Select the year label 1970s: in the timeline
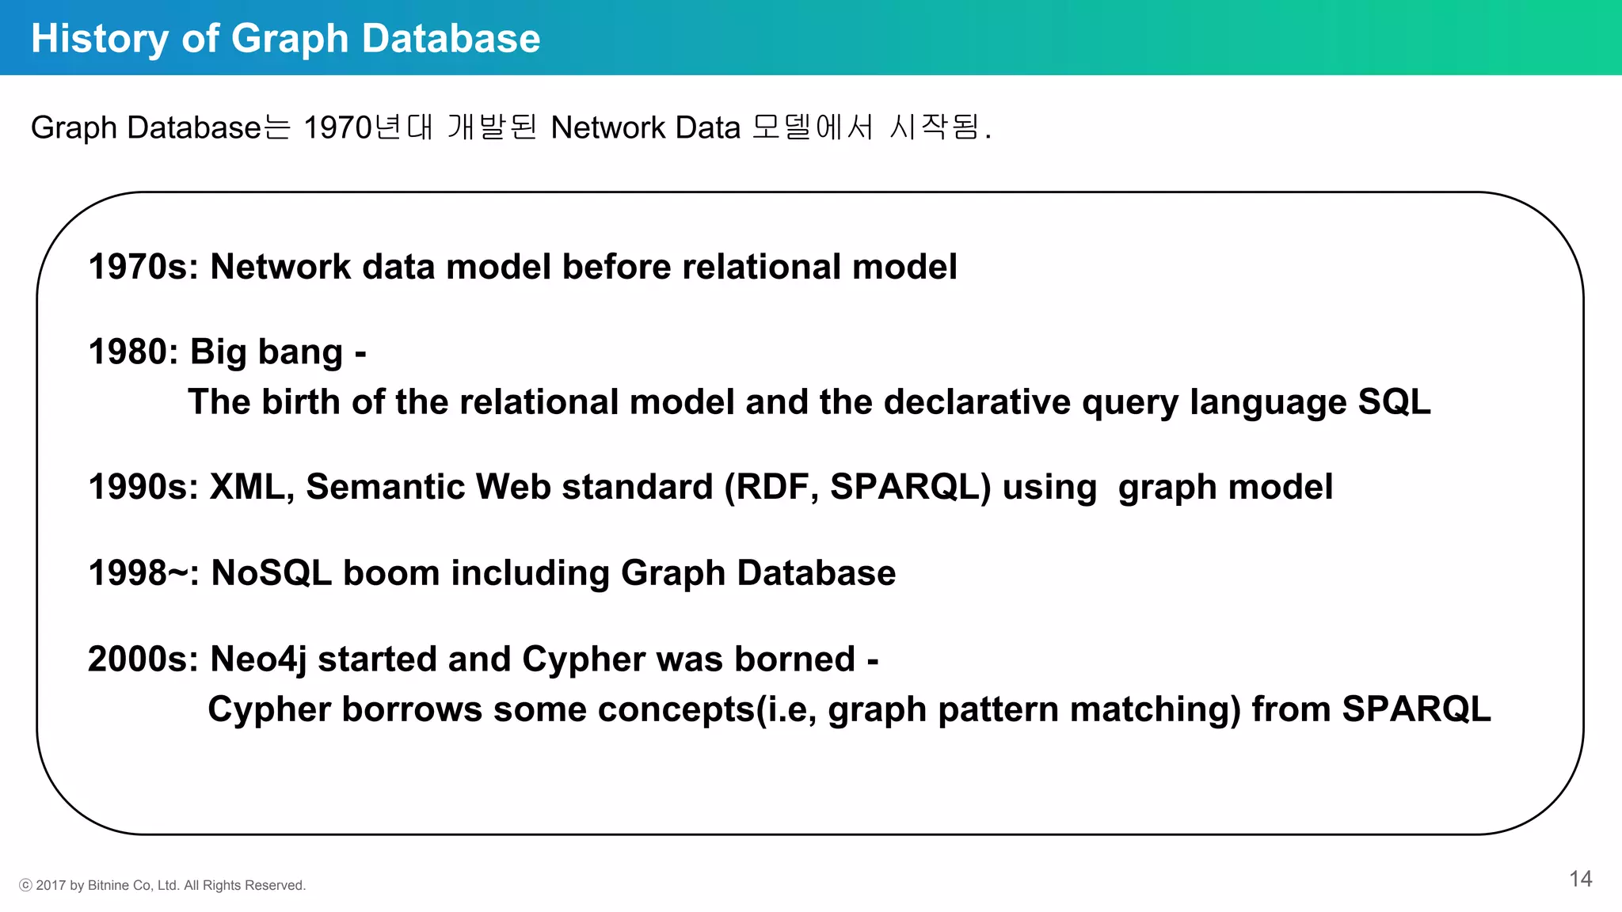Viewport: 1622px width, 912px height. click(143, 267)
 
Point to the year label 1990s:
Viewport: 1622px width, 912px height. click(143, 487)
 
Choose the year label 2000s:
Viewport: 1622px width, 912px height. click(143, 659)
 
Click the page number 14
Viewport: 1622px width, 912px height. click(1580, 879)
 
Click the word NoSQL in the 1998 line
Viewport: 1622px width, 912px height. click(271, 573)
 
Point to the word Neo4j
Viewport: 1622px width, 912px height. click(258, 659)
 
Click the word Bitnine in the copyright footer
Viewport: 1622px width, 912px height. click(109, 885)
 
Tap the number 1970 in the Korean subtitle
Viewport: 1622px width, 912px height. click(337, 127)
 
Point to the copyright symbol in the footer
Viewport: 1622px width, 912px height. click(25, 885)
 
